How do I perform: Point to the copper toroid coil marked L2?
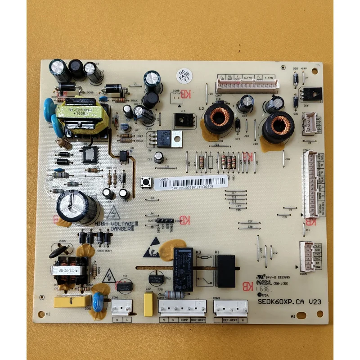(x=219, y=118)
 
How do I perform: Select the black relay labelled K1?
(x=226, y=270)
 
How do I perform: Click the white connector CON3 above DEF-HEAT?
(x=230, y=308)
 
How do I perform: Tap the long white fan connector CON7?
(x=247, y=84)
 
